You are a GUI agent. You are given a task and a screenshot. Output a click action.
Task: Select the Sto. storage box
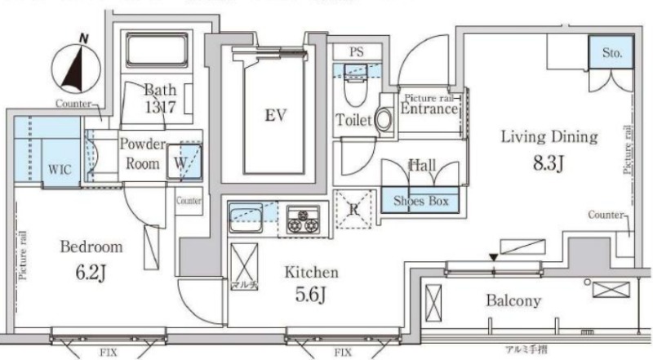tap(613, 55)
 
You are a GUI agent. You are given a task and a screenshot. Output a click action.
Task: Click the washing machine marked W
tap(181, 161)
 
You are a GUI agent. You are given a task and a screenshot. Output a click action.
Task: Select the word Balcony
tap(513, 300)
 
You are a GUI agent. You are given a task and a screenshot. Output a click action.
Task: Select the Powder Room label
tap(143, 153)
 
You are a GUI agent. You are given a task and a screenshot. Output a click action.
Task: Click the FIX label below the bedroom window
tap(109, 353)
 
